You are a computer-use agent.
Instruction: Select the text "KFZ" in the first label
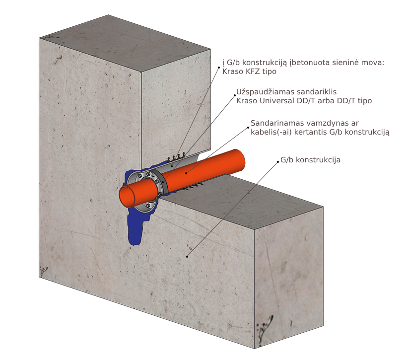tap(252, 72)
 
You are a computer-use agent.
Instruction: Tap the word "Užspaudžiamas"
tap(265, 92)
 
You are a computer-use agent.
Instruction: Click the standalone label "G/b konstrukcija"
tap(310, 160)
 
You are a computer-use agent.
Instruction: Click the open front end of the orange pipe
tap(127, 196)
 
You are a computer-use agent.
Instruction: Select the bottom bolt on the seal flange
tap(148, 206)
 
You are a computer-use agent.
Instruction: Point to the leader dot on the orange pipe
tap(186, 173)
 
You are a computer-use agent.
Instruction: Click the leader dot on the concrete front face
tap(187, 256)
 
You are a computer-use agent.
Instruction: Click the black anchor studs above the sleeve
tap(176, 157)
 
